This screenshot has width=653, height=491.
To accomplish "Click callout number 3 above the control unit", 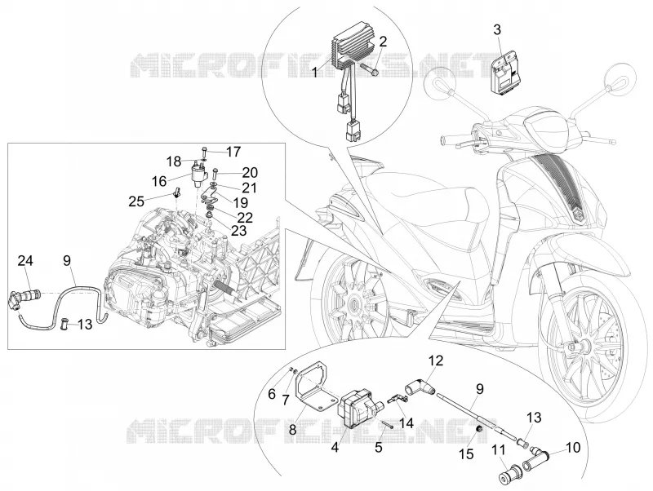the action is tap(497, 30).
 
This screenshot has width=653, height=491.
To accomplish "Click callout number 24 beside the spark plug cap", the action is tap(25, 261).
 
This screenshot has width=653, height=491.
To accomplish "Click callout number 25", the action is tap(136, 201).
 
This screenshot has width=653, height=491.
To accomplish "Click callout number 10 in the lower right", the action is tap(574, 448).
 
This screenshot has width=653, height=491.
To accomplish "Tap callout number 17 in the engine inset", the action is tap(233, 152).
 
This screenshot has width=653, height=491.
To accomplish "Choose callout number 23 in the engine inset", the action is tap(238, 231).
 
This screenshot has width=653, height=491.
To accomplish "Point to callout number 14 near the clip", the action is tap(406, 423).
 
